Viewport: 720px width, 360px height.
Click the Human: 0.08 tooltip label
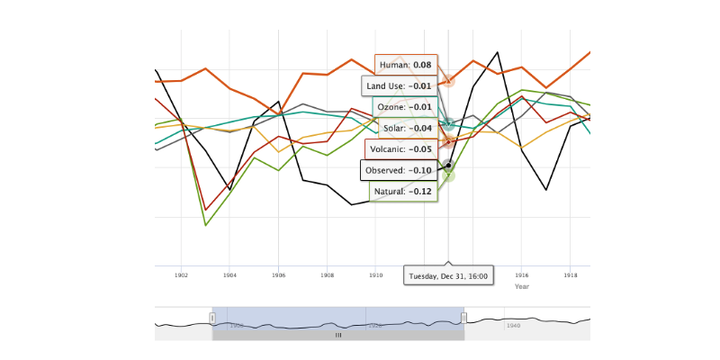[405, 65]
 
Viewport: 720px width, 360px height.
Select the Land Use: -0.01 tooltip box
[399, 86]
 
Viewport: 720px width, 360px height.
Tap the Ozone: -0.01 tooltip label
[404, 107]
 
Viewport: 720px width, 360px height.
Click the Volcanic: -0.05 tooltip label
[401, 148]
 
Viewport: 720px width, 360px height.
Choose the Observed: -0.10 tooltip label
[399, 170]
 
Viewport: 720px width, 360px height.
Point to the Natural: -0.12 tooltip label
[404, 191]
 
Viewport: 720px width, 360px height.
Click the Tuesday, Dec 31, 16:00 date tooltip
[448, 276]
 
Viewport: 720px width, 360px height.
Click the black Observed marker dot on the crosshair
[448, 165]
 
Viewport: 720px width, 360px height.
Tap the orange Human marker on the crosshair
[448, 81]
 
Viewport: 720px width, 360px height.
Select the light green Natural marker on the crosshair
[448, 175]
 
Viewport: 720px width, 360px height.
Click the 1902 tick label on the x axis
[181, 274]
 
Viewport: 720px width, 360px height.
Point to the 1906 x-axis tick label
[278, 274]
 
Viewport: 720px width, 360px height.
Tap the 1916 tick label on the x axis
[522, 274]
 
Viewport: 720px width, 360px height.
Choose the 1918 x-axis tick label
[571, 274]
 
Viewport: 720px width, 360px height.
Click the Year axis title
[522, 286]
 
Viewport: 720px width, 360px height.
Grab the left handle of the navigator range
[212, 318]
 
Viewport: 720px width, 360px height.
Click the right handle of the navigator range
[463, 318]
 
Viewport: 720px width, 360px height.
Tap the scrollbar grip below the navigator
[338, 335]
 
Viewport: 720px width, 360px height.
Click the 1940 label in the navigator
[513, 325]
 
